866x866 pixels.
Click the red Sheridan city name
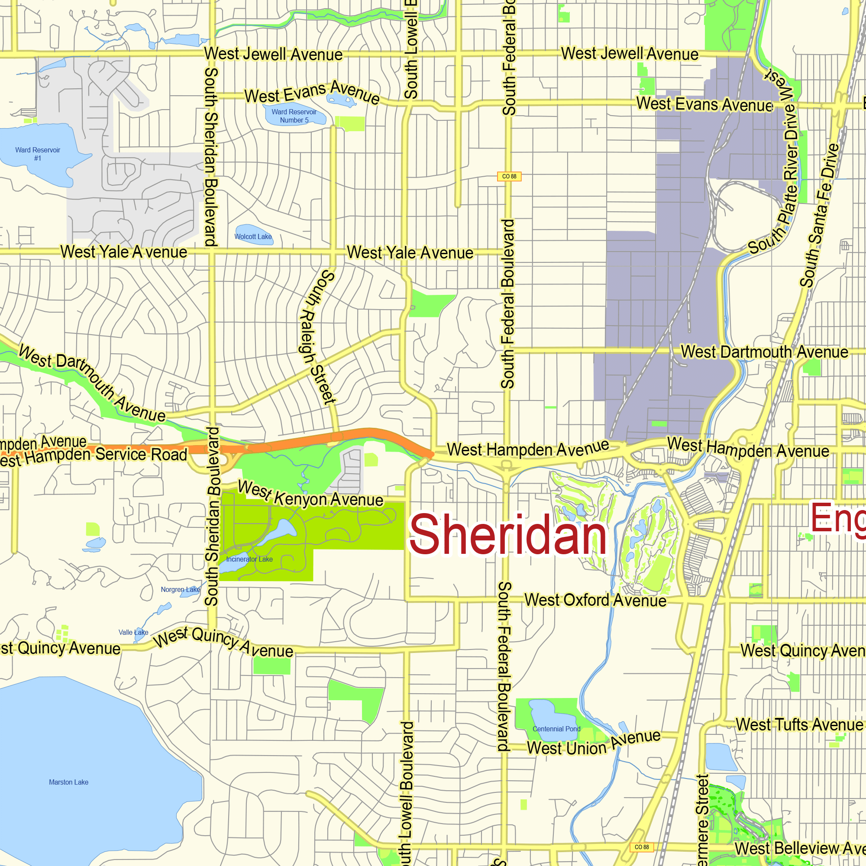coord(507,535)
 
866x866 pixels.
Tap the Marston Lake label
coord(68,782)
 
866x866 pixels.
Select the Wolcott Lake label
coord(253,237)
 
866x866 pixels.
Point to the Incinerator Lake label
coord(249,559)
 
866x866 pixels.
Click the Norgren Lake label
coord(180,589)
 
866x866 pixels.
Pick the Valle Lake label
coord(133,633)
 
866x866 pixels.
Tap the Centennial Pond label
coord(556,729)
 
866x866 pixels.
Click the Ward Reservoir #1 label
coord(38,154)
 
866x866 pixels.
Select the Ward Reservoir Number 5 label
coord(294,116)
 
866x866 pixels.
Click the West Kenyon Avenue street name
coord(310,495)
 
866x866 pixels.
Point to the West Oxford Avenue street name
coord(595,600)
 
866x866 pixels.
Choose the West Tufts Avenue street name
coord(799,725)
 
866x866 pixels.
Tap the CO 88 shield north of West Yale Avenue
coord(509,176)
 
